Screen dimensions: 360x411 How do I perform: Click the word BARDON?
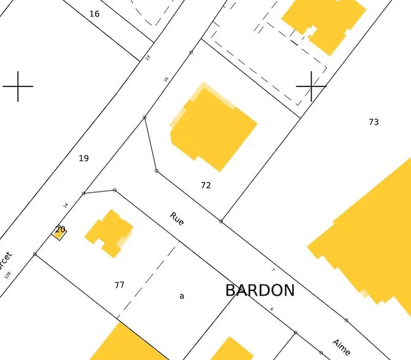(260, 290)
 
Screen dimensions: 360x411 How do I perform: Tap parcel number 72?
(206, 185)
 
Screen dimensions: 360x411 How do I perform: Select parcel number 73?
(374, 122)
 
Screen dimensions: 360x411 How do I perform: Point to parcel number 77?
(119, 285)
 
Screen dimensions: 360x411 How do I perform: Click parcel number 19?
(84, 159)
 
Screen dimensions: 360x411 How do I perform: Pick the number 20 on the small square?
(60, 230)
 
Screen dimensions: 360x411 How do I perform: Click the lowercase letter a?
(181, 296)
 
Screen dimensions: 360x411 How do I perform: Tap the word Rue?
(177, 219)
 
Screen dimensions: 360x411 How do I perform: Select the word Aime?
(341, 347)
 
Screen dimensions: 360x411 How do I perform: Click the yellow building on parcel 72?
(213, 127)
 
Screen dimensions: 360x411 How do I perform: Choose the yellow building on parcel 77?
(109, 233)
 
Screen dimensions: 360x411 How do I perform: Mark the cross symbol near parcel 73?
(311, 86)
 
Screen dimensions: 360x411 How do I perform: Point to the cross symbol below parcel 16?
(18, 86)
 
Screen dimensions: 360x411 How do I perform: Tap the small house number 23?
(148, 58)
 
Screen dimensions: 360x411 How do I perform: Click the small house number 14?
(66, 205)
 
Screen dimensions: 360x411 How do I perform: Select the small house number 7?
(273, 269)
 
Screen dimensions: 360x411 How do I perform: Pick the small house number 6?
(271, 309)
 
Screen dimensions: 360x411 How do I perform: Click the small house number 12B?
(7, 275)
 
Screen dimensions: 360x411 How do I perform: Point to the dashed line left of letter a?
(147, 282)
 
